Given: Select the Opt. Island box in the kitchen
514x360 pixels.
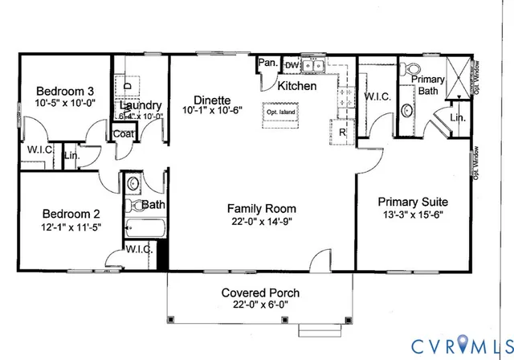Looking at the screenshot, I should [x=277, y=113].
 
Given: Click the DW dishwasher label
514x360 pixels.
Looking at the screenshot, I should [x=292, y=65].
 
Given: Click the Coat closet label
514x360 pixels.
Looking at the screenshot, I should [x=123, y=134].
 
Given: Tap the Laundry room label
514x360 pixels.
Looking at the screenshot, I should [x=141, y=105].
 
